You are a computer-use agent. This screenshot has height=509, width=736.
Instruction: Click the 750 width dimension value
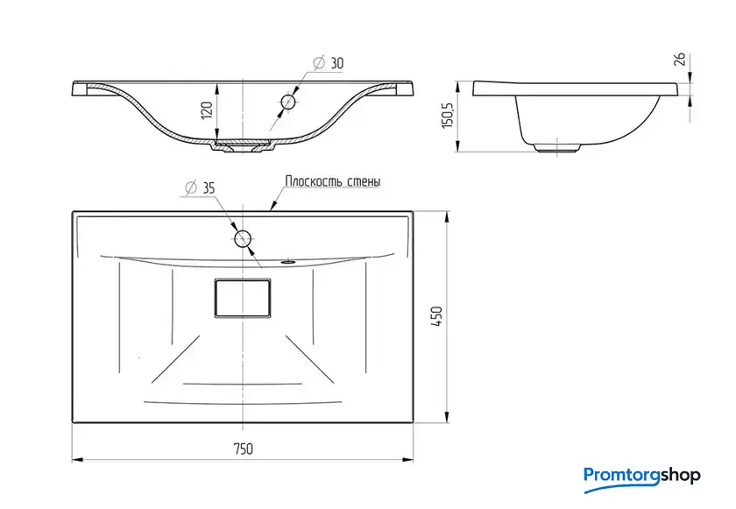click(244, 449)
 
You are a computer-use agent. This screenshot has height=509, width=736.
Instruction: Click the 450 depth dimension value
click(437, 316)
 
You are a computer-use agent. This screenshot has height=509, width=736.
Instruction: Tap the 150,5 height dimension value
click(449, 116)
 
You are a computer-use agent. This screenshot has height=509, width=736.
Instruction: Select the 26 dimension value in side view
click(680, 59)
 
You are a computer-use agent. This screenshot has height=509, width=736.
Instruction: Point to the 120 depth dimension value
click(208, 110)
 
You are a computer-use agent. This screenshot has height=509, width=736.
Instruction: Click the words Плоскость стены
click(333, 181)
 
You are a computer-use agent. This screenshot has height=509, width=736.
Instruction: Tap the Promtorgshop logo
click(641, 478)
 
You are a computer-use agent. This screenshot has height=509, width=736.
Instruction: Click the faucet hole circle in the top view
click(243, 239)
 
